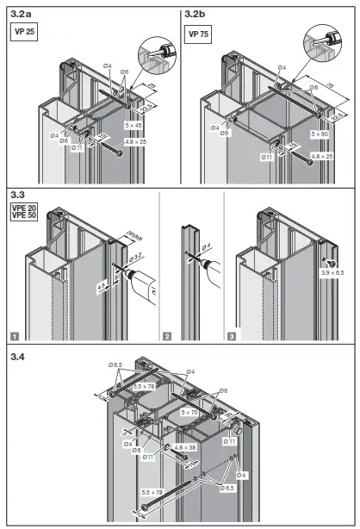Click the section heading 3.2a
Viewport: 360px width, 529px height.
pyautogui.click(x=19, y=14)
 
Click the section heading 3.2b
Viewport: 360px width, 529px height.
pyautogui.click(x=196, y=14)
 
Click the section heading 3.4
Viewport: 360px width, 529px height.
pyautogui.click(x=17, y=355)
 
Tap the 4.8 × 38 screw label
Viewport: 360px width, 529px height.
pyautogui.click(x=186, y=447)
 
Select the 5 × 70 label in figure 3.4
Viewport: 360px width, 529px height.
pyautogui.click(x=190, y=413)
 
